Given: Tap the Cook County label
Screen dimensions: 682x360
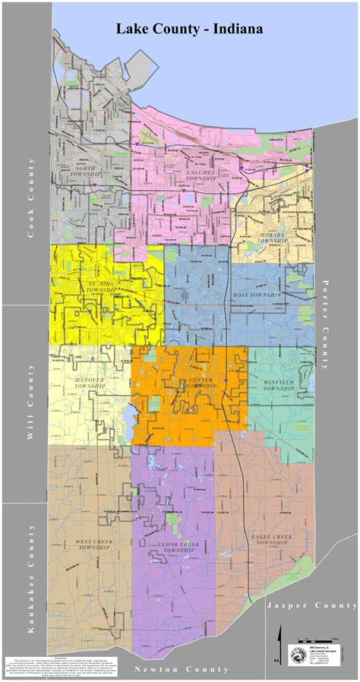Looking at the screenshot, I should pyautogui.click(x=31, y=199).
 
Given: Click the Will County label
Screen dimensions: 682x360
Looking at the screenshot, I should pyautogui.click(x=31, y=403).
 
